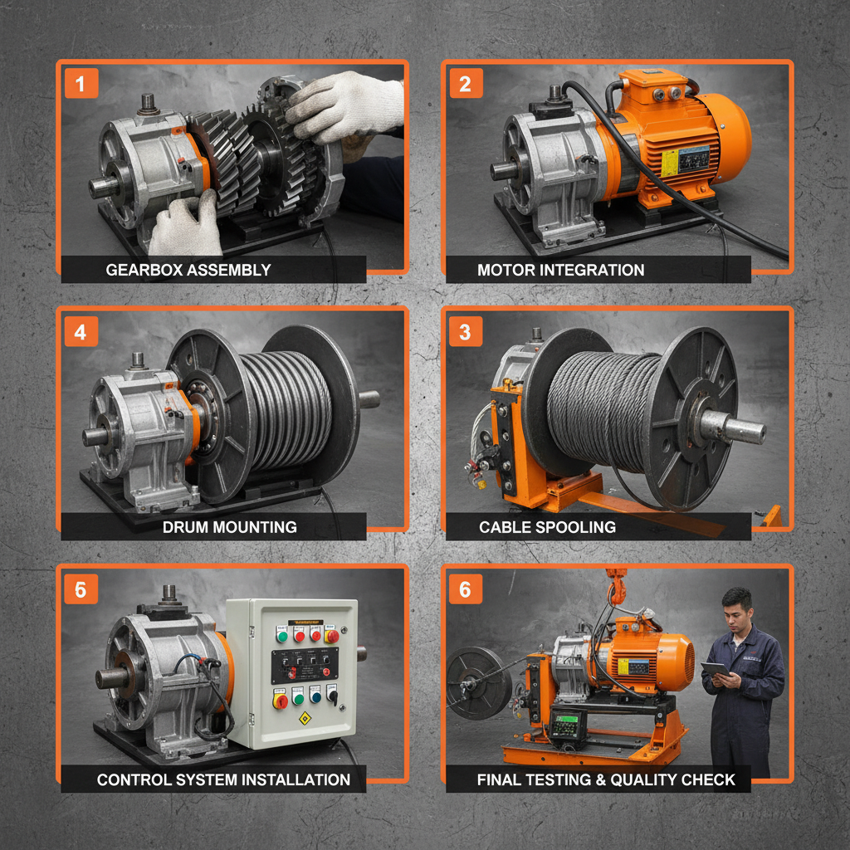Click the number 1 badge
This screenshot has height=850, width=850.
(81, 83)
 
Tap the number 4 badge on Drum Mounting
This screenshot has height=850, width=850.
(81, 332)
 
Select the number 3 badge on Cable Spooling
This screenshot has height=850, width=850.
(465, 332)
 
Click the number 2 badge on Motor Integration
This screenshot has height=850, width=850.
(465, 83)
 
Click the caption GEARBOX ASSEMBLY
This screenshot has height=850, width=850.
(188, 270)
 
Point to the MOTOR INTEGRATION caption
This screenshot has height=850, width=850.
(560, 270)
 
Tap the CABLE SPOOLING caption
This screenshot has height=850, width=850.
(547, 527)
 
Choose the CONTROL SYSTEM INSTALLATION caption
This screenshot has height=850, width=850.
(223, 779)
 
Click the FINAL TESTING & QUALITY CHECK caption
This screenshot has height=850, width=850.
(606, 779)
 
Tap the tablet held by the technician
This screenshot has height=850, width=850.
(714, 669)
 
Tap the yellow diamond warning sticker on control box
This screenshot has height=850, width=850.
(305, 716)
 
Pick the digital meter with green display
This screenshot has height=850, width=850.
(567, 725)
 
